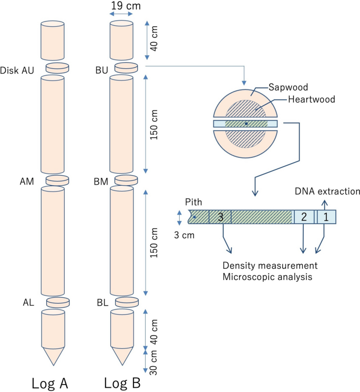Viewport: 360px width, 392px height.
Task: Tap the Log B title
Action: tap(121, 381)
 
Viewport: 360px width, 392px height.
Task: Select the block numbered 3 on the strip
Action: tap(220, 217)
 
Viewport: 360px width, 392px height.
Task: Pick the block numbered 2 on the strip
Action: tap(304, 217)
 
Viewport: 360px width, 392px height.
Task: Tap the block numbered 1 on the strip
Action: tap(325, 217)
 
